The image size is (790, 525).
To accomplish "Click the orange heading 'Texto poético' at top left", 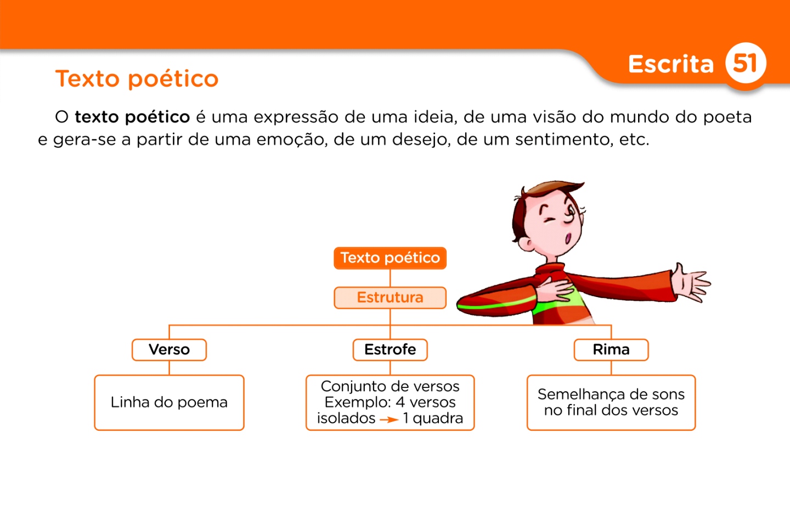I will tap(137, 79).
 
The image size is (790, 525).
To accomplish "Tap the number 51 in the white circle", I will tap(745, 63).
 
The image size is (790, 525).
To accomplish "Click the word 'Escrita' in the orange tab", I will tap(670, 64).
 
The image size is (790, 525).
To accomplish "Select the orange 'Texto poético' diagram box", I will tap(390, 258).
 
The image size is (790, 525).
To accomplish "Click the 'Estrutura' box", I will tap(390, 298).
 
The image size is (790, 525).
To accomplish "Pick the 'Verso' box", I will tap(169, 350).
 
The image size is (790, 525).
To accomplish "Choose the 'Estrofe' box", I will tap(390, 350).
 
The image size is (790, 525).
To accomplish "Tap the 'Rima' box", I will tap(611, 350).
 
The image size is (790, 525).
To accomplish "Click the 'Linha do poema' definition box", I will tap(169, 402).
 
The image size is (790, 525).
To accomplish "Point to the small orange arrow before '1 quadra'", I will tap(389, 420).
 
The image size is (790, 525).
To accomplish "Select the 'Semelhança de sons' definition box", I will tap(611, 402).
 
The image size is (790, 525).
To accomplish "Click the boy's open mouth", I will tap(568, 238).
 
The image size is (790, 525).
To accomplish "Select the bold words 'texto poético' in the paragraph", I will tap(132, 117).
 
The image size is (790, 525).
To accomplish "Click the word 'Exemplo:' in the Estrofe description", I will tap(357, 402).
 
